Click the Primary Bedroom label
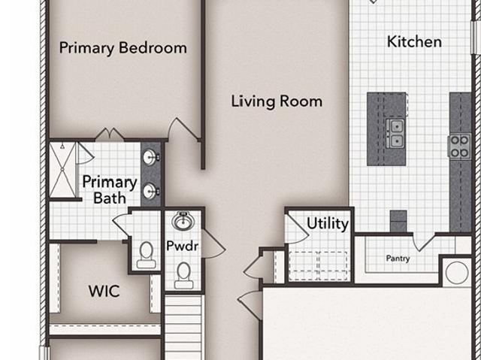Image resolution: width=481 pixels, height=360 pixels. (123, 48)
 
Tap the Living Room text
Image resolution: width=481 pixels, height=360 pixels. (277, 101)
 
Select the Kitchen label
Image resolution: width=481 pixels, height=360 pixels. (414, 41)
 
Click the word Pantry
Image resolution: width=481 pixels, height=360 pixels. (398, 259)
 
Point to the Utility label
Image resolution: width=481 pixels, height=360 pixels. (328, 223)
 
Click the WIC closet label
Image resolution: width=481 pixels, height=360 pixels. (104, 291)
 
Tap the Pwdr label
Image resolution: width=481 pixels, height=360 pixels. (182, 246)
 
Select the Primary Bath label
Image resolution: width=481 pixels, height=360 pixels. (110, 190)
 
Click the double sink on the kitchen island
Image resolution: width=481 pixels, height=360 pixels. (395, 133)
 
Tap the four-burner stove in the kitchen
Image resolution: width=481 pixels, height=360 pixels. (460, 147)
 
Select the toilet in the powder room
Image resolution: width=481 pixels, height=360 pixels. (183, 276)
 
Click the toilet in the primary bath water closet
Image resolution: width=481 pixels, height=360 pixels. (146, 255)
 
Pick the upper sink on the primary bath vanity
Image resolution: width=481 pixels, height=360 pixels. (150, 157)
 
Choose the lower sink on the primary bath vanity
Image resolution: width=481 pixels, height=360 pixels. (150, 192)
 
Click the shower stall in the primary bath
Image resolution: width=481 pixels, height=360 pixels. (62, 170)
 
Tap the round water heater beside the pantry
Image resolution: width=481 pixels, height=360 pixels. (457, 273)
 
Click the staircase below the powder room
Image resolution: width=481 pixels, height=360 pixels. (183, 328)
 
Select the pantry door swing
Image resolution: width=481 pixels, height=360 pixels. (424, 242)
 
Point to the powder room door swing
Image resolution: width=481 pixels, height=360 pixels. (213, 244)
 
